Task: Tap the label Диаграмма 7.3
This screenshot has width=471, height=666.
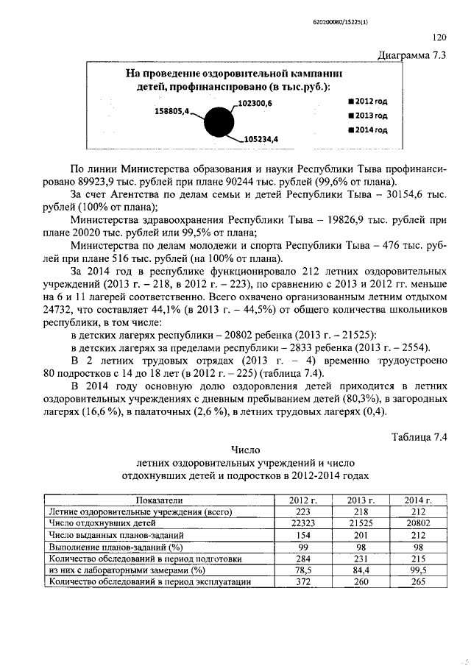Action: pyautogui.click(x=411, y=55)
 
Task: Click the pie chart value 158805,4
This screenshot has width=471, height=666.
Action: pyautogui.click(x=171, y=111)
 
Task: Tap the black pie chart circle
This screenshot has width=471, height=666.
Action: pyautogui.click(x=218, y=121)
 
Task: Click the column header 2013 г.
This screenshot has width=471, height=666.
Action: pyautogui.click(x=361, y=500)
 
